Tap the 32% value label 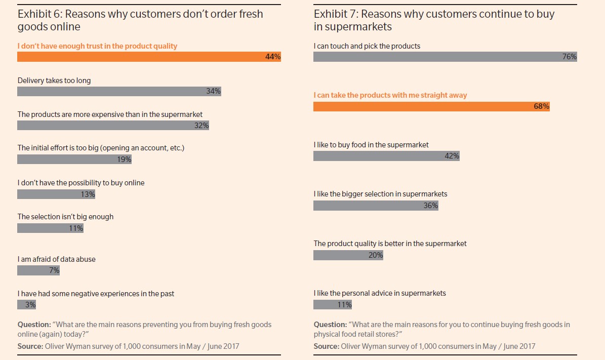click(201, 126)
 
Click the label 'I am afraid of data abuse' click(56, 259)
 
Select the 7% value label click(54, 271)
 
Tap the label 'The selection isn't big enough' click(65, 217)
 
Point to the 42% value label click(452, 156)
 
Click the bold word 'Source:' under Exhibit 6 click(30, 346)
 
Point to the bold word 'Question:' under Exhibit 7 click(330, 325)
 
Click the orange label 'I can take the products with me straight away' click(390, 95)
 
